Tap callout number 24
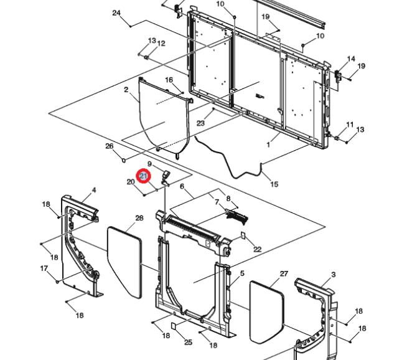coord(116,13)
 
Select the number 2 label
coord(126,90)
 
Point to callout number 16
coord(169,80)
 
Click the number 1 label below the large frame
coord(268,144)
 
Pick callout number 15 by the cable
coord(274,184)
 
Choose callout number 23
coord(200,123)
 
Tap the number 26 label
coord(109,147)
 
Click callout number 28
coord(139,218)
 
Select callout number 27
coord(284,273)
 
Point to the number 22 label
coord(257,249)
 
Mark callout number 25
coord(188,342)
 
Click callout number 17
coord(44,268)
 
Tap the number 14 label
coord(351,59)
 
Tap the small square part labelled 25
coord(174,326)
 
